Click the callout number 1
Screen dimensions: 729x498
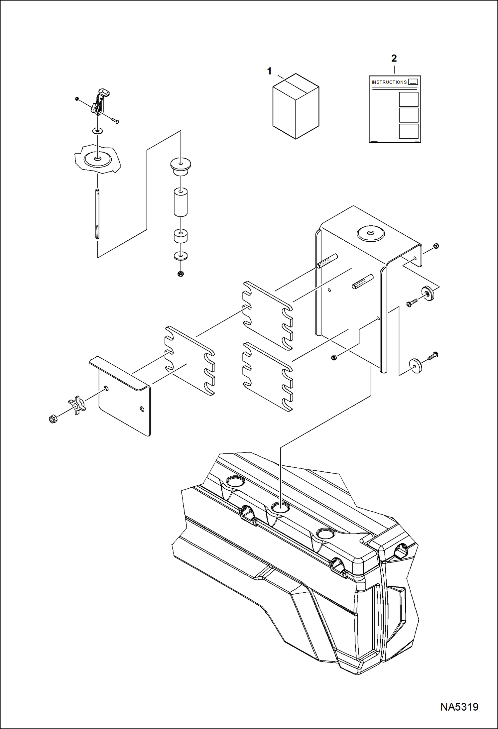(x=269, y=71)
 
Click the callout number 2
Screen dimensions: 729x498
(x=394, y=59)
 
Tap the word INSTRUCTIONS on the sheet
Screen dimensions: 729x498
(x=389, y=82)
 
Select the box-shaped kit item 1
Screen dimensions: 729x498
(x=296, y=106)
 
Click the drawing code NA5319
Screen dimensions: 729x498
(x=459, y=707)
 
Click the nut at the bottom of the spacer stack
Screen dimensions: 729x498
(x=181, y=274)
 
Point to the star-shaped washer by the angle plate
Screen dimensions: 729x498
(x=77, y=405)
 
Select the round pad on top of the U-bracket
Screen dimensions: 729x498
(x=370, y=233)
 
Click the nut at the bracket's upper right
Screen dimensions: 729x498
(x=436, y=246)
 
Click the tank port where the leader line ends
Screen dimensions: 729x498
(x=280, y=507)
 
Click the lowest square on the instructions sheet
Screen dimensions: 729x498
(x=408, y=131)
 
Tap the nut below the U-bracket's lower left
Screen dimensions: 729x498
(x=334, y=357)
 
